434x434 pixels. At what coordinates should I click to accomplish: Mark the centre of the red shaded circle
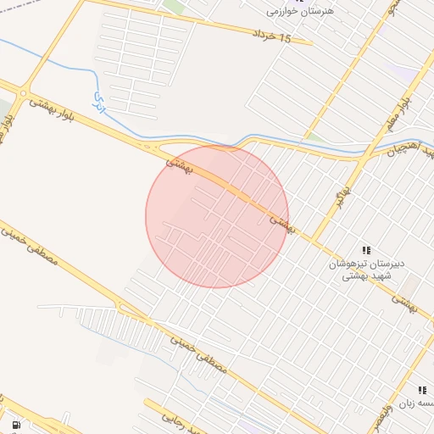point(217,216)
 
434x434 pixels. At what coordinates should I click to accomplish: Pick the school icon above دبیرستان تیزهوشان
point(366,250)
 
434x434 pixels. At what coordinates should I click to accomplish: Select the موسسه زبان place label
point(419,403)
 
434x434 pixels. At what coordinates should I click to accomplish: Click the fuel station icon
point(15,425)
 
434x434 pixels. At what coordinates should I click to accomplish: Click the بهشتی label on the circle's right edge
point(281,223)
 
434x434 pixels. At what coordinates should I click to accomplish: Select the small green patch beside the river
point(313,136)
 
